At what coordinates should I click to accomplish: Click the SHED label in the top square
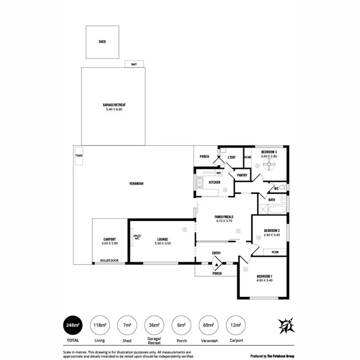[x=102, y=42]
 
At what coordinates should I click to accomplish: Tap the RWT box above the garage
[x=134, y=64]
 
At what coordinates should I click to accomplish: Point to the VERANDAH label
[x=136, y=184]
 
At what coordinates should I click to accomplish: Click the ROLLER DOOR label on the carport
[x=109, y=260]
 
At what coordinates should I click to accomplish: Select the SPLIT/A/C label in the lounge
[x=137, y=237]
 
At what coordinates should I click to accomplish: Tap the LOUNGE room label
[x=162, y=239]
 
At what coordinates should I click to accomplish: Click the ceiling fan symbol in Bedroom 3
[x=270, y=163]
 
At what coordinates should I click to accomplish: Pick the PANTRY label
[x=242, y=175]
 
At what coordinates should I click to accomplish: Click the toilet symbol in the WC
[x=282, y=187]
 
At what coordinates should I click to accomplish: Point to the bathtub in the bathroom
[x=277, y=209]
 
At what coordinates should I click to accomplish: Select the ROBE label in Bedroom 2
[x=275, y=252]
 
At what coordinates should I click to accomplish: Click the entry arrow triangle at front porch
[x=217, y=263]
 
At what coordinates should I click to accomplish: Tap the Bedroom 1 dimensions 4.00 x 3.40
[x=264, y=280]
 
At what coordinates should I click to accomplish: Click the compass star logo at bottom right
[x=287, y=326]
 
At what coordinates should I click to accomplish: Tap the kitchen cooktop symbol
[x=199, y=182]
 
